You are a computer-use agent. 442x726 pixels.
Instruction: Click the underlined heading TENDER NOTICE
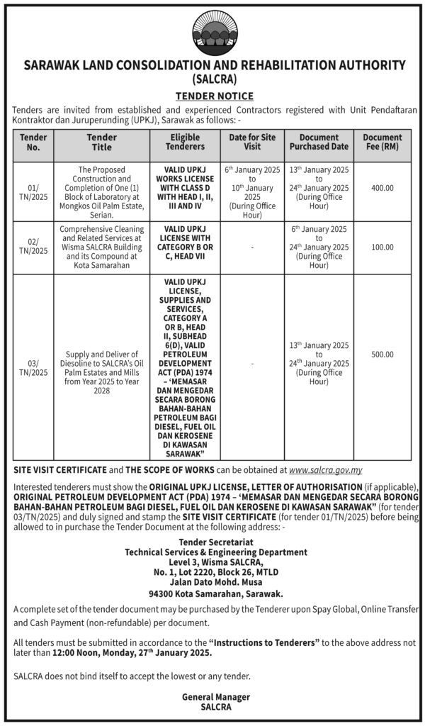coord(215,96)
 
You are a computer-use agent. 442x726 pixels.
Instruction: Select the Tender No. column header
coord(33,143)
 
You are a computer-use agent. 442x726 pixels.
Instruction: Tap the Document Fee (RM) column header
coord(382,143)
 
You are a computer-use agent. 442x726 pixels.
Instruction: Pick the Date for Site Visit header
coord(252,143)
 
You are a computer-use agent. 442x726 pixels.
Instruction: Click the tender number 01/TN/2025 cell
coord(33,192)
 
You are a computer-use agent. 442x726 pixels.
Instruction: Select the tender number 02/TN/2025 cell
coord(33,246)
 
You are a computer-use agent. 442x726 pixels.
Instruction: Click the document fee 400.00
coord(382,188)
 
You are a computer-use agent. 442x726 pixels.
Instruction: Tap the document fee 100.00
coord(382,247)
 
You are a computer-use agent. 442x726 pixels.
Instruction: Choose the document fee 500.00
coord(382,354)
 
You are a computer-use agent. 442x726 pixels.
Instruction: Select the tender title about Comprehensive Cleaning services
coord(101,247)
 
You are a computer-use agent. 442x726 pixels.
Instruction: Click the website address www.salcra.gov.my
coord(326,469)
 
